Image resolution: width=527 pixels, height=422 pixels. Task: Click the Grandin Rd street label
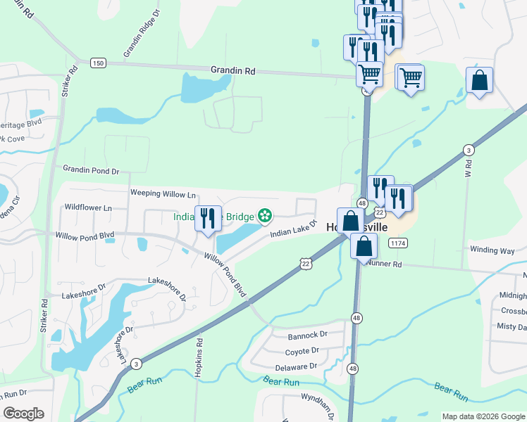(232, 70)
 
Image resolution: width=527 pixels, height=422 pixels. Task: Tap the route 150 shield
(99, 63)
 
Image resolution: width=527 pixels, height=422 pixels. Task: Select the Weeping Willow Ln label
(163, 193)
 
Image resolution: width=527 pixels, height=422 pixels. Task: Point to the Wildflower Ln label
(88, 208)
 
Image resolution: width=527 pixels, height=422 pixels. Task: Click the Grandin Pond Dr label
(91, 170)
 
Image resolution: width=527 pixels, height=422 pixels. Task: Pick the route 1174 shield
(397, 243)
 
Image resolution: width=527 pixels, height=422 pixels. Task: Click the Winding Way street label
(492, 250)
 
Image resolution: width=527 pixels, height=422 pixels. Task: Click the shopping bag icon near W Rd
(479, 81)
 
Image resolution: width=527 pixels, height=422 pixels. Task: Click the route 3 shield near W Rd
(469, 150)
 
